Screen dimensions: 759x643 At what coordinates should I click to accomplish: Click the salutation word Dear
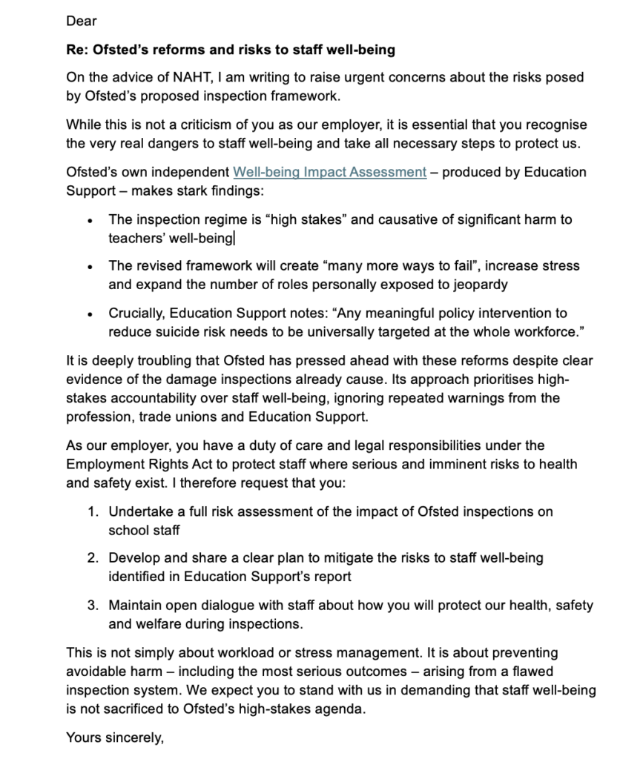pos(81,22)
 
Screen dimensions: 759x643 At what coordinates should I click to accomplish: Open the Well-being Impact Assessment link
pos(329,172)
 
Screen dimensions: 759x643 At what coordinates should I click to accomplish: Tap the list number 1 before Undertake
pos(92,512)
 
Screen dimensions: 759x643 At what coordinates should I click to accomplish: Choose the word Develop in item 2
pos(133,557)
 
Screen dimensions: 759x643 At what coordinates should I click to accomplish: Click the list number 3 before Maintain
pos(92,606)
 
